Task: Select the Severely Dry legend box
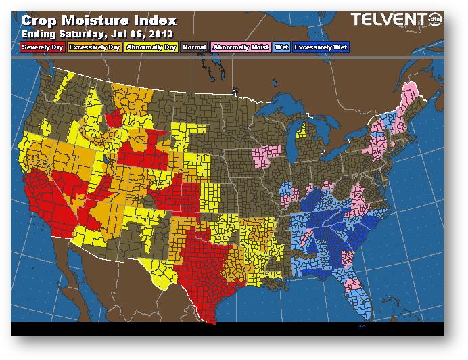coord(41,47)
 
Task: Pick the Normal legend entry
coord(195,47)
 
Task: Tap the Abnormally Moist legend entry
coord(239,47)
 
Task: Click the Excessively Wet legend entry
coord(322,47)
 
